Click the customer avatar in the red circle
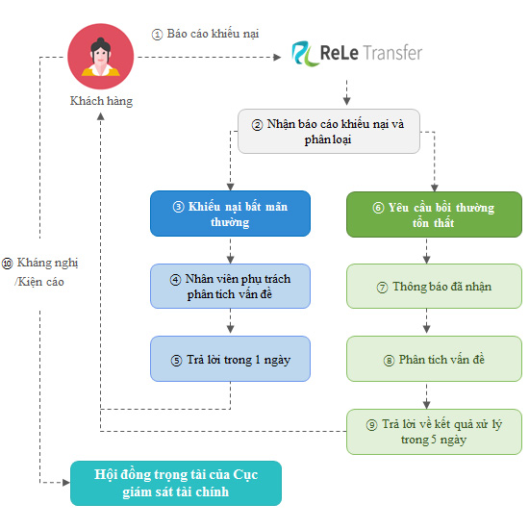101,57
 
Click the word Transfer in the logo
393,53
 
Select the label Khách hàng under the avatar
101,101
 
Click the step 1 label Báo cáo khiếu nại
213,34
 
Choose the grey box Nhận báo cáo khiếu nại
329,131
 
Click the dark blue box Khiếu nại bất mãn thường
230,214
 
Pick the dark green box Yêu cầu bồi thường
434,214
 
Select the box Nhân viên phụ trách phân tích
230,286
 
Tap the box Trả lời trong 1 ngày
230,359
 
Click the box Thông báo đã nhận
434,286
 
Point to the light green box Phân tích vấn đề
434,359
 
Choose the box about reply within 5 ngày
434,432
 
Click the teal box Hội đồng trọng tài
176,483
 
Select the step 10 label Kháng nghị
47,263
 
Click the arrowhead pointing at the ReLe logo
277,58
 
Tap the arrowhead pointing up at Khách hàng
101,116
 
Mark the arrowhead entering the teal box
66,483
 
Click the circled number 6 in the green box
378,208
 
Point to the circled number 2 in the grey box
257,125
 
